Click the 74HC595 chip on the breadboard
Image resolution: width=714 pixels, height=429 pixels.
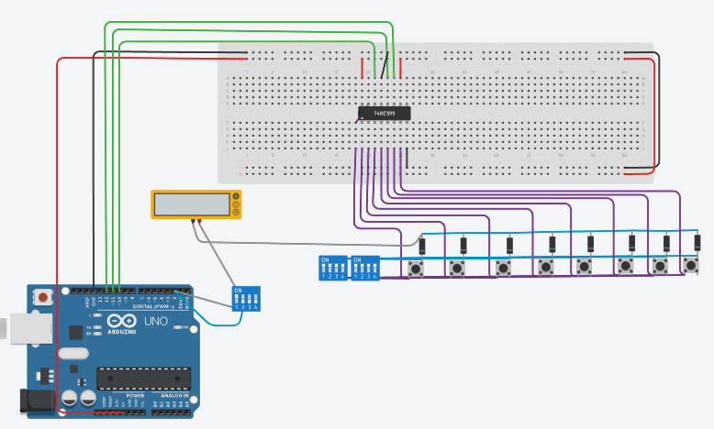click(x=384, y=113)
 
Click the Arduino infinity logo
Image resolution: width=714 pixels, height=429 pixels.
click(x=123, y=322)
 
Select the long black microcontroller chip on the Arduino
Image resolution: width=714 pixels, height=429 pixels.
click(x=143, y=377)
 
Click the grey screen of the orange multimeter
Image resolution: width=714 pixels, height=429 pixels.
click(x=191, y=204)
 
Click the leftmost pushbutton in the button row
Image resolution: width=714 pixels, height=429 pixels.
click(x=417, y=269)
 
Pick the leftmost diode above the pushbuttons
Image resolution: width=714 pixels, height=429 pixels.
click(x=422, y=246)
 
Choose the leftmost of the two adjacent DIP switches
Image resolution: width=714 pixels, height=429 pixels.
click(x=331, y=268)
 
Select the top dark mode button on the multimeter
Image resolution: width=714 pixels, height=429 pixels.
click(x=237, y=196)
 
